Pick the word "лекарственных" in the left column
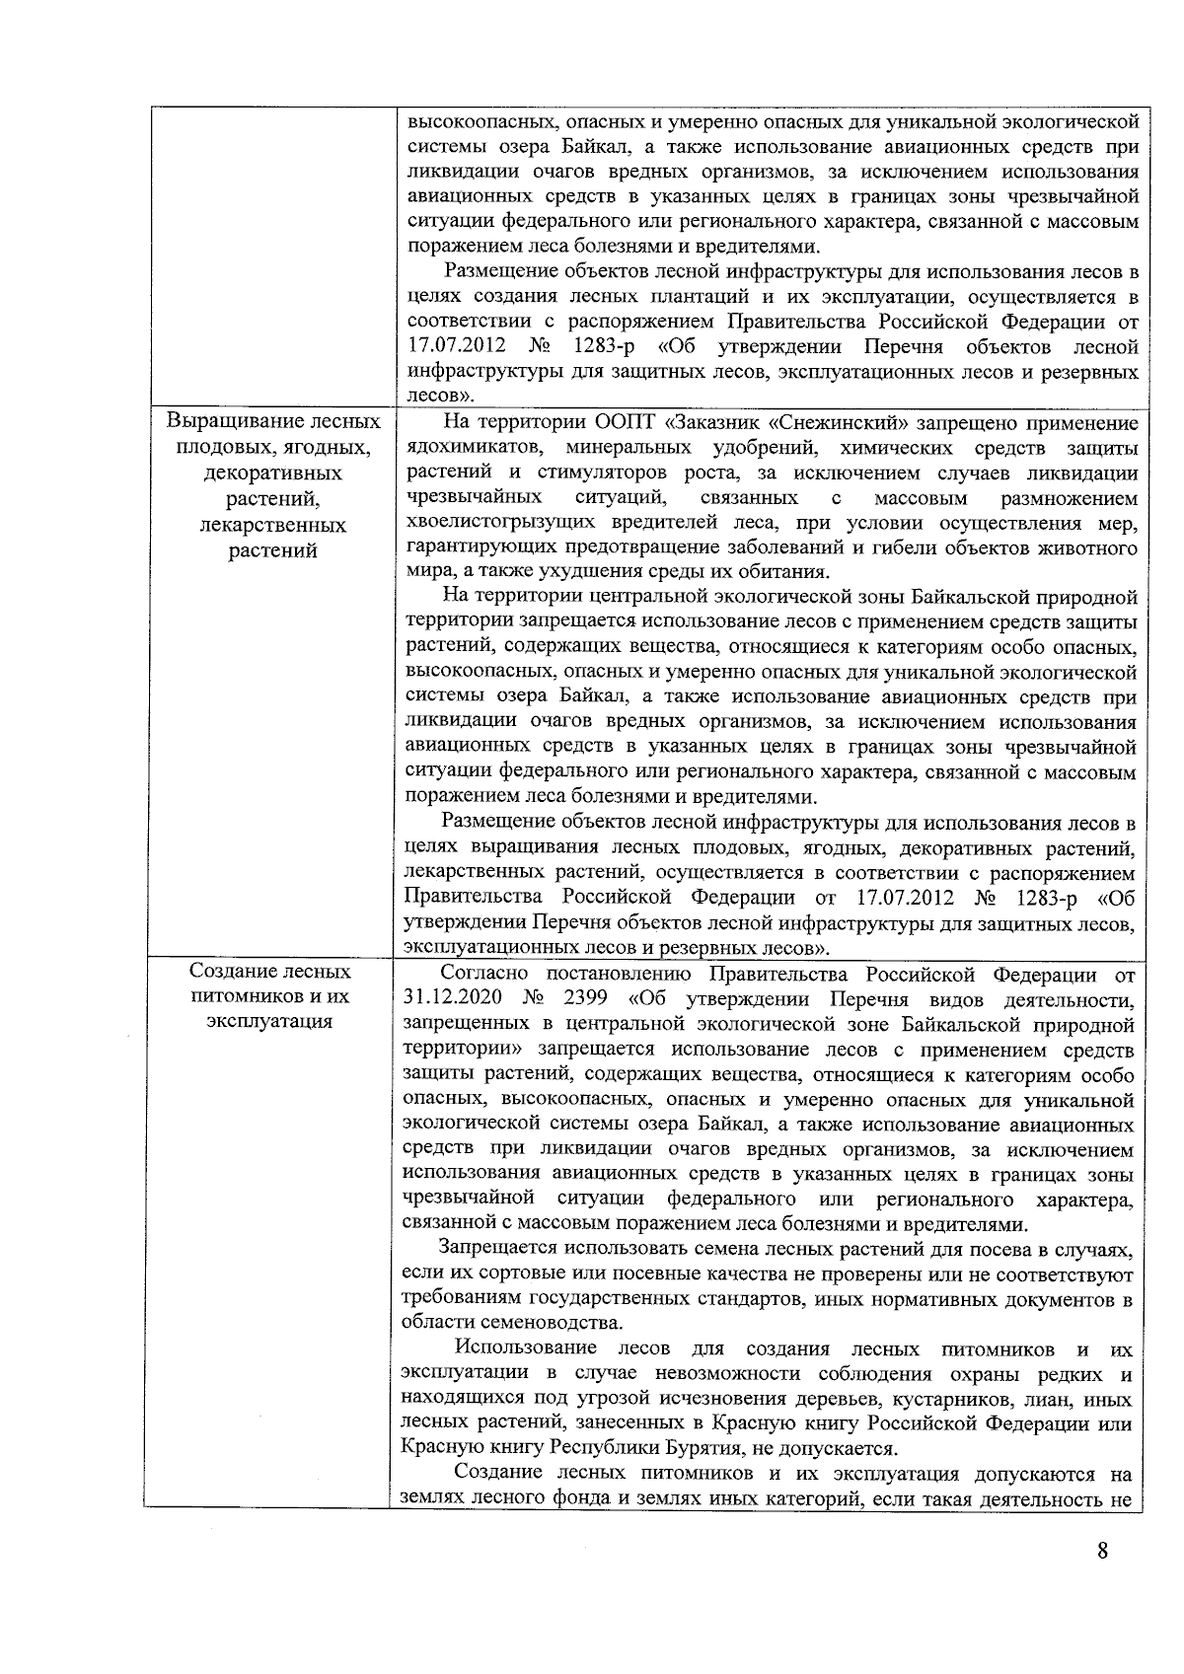[272, 525]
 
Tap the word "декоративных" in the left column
[272, 473]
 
